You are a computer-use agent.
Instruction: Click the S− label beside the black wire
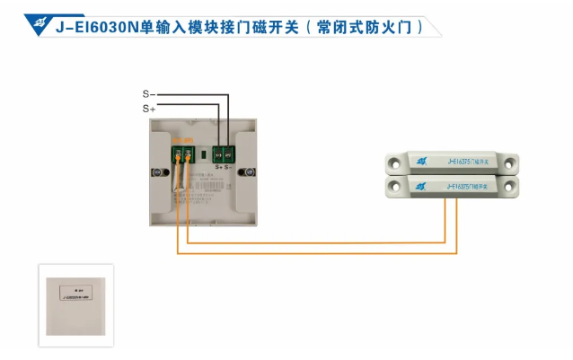149,93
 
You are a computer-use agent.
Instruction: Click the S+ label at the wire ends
149,108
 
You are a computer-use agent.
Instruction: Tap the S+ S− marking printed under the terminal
224,168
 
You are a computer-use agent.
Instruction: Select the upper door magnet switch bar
453,162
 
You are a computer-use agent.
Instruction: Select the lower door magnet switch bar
453,186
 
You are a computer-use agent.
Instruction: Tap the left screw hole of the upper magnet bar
394,163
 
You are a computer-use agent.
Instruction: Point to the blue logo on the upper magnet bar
419,162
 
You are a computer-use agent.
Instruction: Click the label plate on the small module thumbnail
74,292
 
